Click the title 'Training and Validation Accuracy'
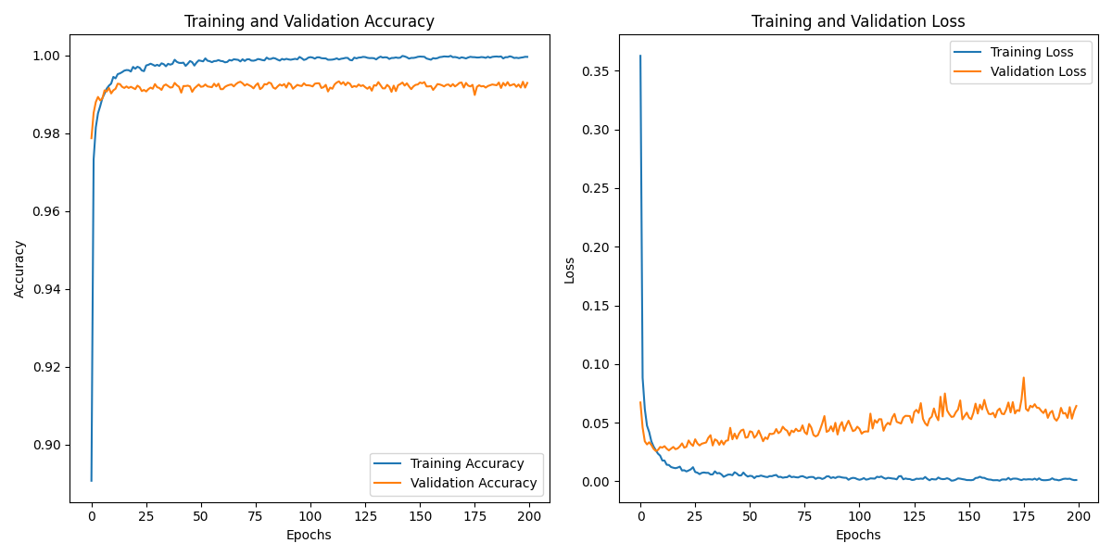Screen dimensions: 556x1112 tap(309, 21)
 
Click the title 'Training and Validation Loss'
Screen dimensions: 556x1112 tap(858, 21)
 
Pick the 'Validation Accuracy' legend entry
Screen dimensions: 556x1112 tap(474, 483)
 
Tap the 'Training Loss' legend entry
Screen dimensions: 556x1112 tap(1031, 52)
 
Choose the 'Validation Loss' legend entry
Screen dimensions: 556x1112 tap(1038, 71)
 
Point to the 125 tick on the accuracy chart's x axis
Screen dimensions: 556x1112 tap(365, 515)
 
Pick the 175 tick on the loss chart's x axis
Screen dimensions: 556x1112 tap(1023, 515)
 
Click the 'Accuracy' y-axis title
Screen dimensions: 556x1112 tap(19, 269)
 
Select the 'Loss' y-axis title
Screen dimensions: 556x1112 tap(569, 270)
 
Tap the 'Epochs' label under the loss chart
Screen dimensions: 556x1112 tap(858, 535)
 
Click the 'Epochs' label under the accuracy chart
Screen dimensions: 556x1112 tap(309, 535)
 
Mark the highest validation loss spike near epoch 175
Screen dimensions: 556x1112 tap(1023, 377)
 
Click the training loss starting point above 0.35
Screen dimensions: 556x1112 tap(640, 56)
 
